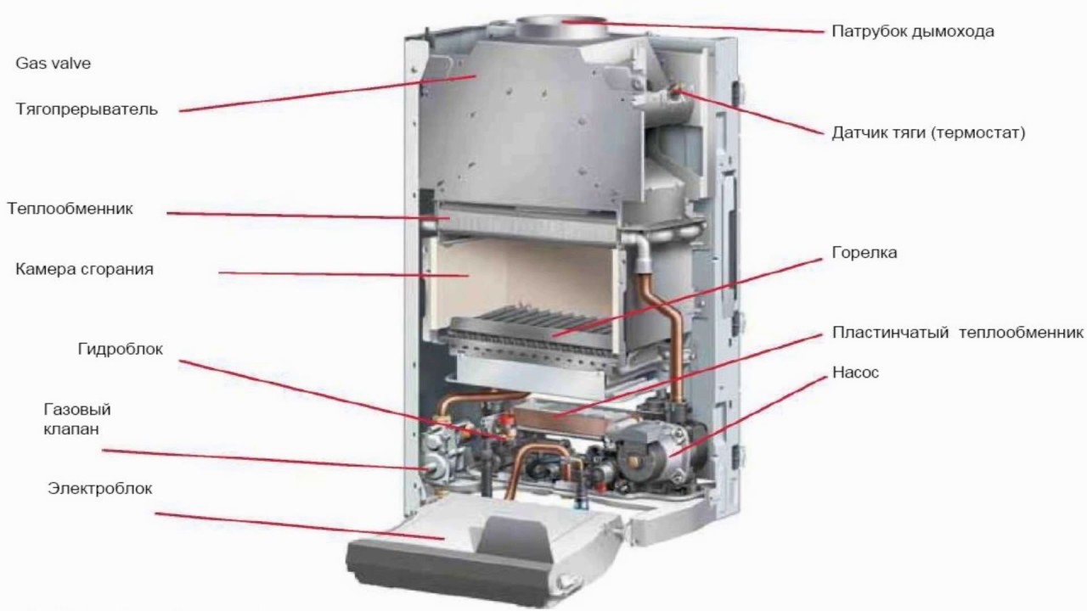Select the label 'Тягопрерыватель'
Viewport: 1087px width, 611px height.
click(87, 109)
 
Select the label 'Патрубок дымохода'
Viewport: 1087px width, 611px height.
click(912, 31)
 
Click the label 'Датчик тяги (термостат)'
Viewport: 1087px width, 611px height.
click(929, 132)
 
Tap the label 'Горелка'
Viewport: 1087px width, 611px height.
click(865, 253)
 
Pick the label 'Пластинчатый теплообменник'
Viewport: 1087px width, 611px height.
click(958, 332)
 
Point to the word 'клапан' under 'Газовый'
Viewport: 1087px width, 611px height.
click(70, 429)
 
